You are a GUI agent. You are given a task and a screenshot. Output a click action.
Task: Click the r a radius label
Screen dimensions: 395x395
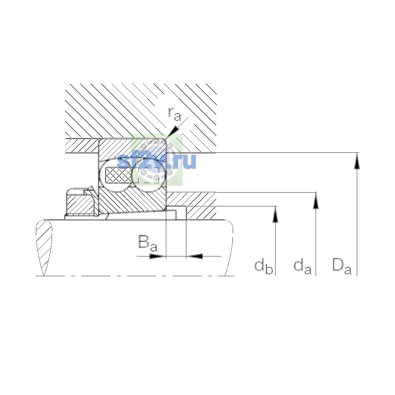pyautogui.click(x=174, y=114)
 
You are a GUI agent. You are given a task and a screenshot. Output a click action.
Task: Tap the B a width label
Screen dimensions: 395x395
pyautogui.click(x=148, y=243)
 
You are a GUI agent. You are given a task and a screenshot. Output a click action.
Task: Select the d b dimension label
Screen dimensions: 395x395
pyautogui.click(x=264, y=267)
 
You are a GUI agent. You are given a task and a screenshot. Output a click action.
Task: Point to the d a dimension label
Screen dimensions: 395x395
pyautogui.click(x=303, y=267)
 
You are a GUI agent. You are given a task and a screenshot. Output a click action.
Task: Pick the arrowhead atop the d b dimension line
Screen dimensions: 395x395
pyautogui.click(x=275, y=214)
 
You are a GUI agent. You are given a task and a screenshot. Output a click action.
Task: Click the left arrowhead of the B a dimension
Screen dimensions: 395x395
pyautogui.click(x=157, y=256)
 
